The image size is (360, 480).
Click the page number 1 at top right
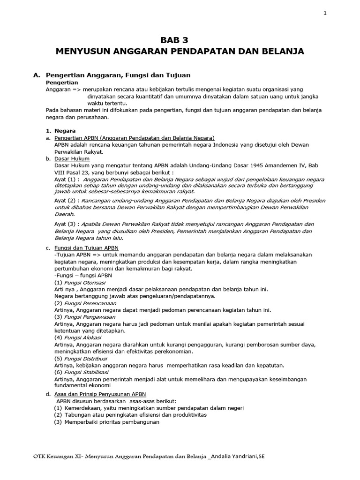[x=325, y=13]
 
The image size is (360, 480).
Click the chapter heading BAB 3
[x=180, y=39]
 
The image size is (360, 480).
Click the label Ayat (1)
[x=66, y=179]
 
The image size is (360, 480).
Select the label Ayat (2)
[x=66, y=200]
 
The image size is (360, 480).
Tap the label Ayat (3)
[x=66, y=224]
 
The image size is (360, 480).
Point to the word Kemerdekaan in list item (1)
[x=82, y=408]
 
